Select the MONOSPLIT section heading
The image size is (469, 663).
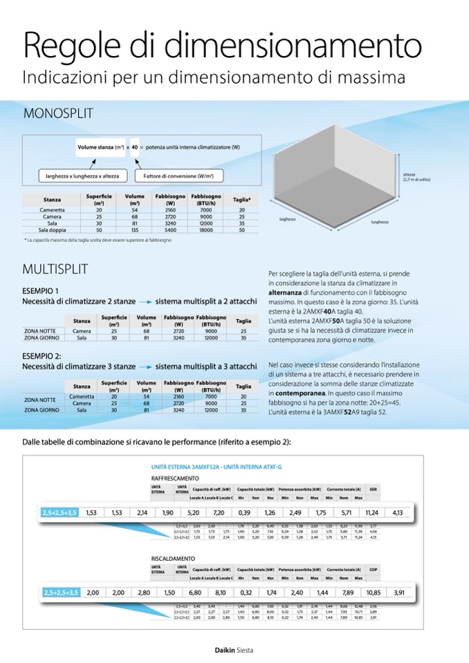point(58,113)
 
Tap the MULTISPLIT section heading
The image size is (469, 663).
point(55,269)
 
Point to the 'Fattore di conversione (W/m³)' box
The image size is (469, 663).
point(177,176)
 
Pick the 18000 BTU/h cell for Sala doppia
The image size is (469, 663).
point(205,230)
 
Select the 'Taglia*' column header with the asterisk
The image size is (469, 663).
point(241,200)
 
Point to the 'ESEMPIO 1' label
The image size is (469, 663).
point(41,290)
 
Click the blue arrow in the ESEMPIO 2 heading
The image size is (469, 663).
point(145,367)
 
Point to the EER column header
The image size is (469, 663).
point(373,488)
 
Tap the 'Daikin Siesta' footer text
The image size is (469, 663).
point(233,650)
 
